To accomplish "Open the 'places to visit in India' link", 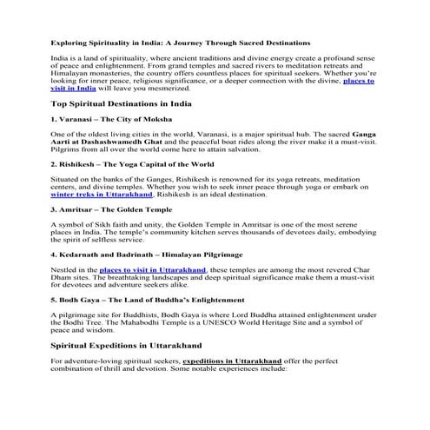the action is tap(358, 80).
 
